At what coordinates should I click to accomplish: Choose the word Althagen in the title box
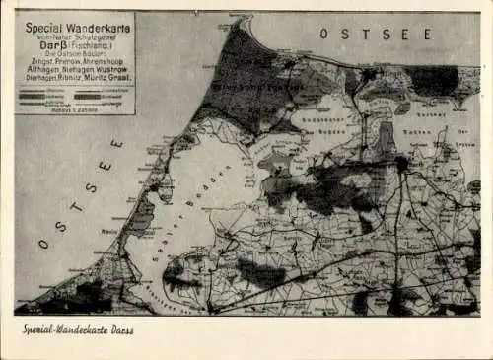click(39, 70)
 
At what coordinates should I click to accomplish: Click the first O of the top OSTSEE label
click(324, 34)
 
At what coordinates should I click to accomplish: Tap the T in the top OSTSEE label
click(365, 34)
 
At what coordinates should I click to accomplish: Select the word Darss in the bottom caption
click(121, 329)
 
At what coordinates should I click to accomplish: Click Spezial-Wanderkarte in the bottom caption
click(62, 329)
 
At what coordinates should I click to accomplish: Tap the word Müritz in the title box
click(94, 78)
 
